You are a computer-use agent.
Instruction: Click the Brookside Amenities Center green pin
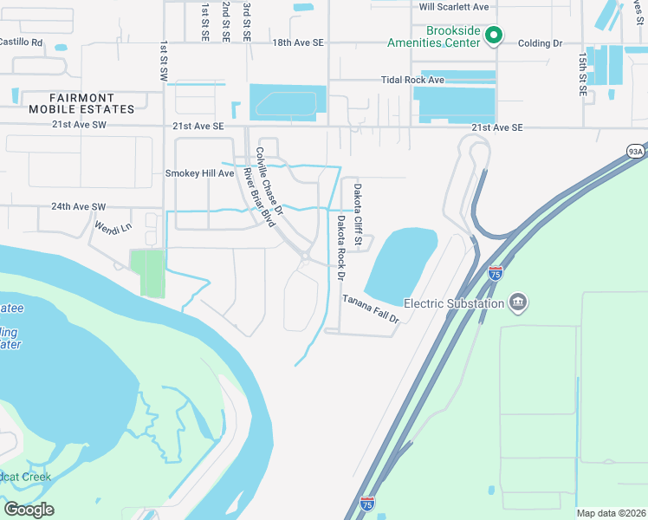(x=494, y=36)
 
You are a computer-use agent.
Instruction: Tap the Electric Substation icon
(x=518, y=302)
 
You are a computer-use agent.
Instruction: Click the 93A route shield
(x=635, y=152)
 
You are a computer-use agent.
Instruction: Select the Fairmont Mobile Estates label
(x=81, y=104)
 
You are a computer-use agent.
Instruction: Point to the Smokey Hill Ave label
(x=200, y=173)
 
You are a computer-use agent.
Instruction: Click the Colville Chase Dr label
(x=269, y=181)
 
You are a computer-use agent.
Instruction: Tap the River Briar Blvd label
(x=260, y=197)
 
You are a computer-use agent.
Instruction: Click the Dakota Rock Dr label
(x=341, y=247)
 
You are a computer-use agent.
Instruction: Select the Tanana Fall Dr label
(x=370, y=308)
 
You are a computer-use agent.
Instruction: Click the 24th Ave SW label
(x=78, y=207)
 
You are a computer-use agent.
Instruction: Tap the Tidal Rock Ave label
(x=412, y=80)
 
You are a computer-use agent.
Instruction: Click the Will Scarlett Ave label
(x=454, y=6)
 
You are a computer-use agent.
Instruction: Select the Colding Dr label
(x=541, y=42)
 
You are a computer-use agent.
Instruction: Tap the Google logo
(x=29, y=510)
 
